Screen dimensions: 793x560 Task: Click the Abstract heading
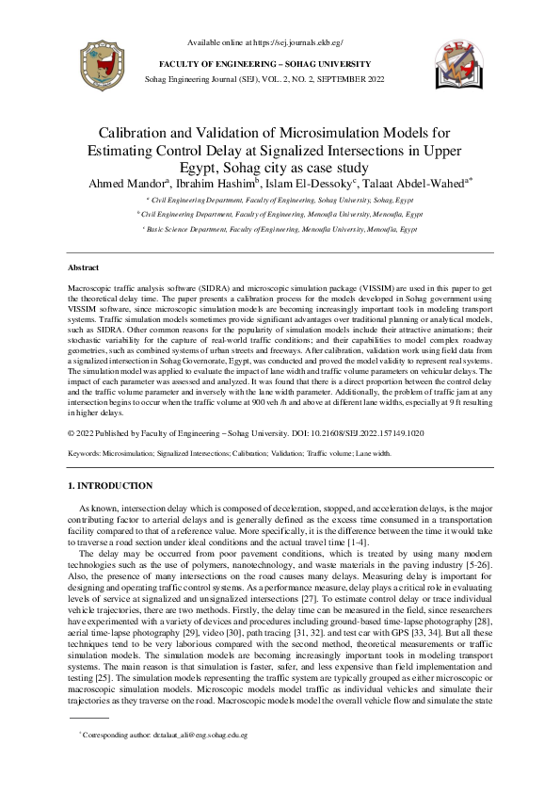pos(86,268)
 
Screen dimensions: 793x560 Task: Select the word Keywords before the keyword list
pos(84,453)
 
